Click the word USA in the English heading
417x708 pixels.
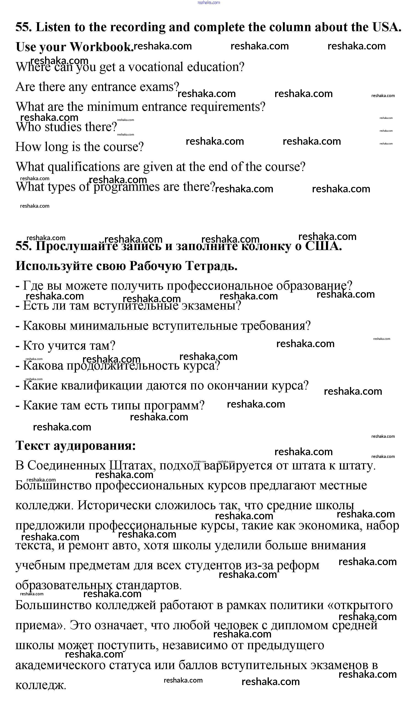point(387,27)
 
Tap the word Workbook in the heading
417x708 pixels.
point(102,47)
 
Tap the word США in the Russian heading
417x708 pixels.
point(323,246)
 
